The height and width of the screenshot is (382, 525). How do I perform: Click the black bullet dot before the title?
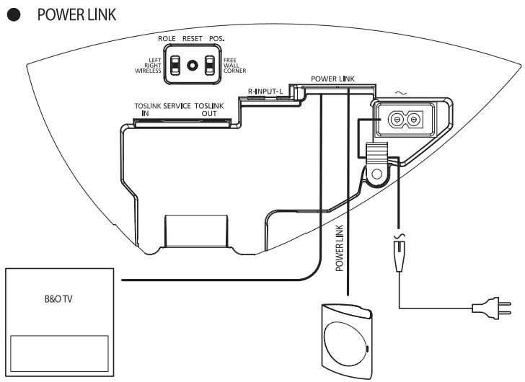(x=11, y=15)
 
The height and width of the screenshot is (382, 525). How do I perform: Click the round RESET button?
(x=192, y=65)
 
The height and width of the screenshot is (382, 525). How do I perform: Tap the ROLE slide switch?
(x=174, y=66)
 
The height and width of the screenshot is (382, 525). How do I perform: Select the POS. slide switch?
(x=210, y=66)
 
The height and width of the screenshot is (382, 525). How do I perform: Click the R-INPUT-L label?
(x=268, y=92)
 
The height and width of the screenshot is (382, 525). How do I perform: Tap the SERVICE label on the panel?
(x=177, y=106)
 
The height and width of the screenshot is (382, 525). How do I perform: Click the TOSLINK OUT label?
(x=214, y=110)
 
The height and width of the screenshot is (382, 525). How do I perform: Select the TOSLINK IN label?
(x=147, y=110)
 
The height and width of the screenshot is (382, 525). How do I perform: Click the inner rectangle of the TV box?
(x=58, y=353)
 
